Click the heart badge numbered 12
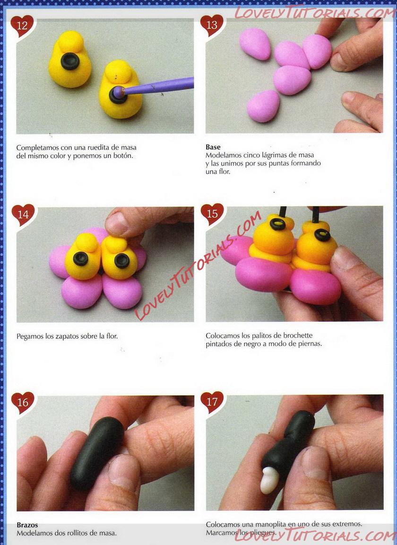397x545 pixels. tap(22, 26)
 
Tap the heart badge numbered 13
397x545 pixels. tap(212, 26)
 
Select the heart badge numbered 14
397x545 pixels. tap(23, 214)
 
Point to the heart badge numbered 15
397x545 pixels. tap(212, 214)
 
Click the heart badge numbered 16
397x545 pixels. tap(23, 403)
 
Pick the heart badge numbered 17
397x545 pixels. tap(212, 402)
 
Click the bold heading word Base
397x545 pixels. tap(213, 147)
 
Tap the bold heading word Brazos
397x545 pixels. tap(27, 525)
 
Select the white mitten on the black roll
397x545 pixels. tap(269, 480)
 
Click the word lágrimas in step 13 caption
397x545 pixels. tap(275, 155)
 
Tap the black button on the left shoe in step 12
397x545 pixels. tap(70, 61)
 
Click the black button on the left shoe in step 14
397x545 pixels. tap(80, 259)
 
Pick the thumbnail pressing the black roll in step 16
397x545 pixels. tap(123, 470)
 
